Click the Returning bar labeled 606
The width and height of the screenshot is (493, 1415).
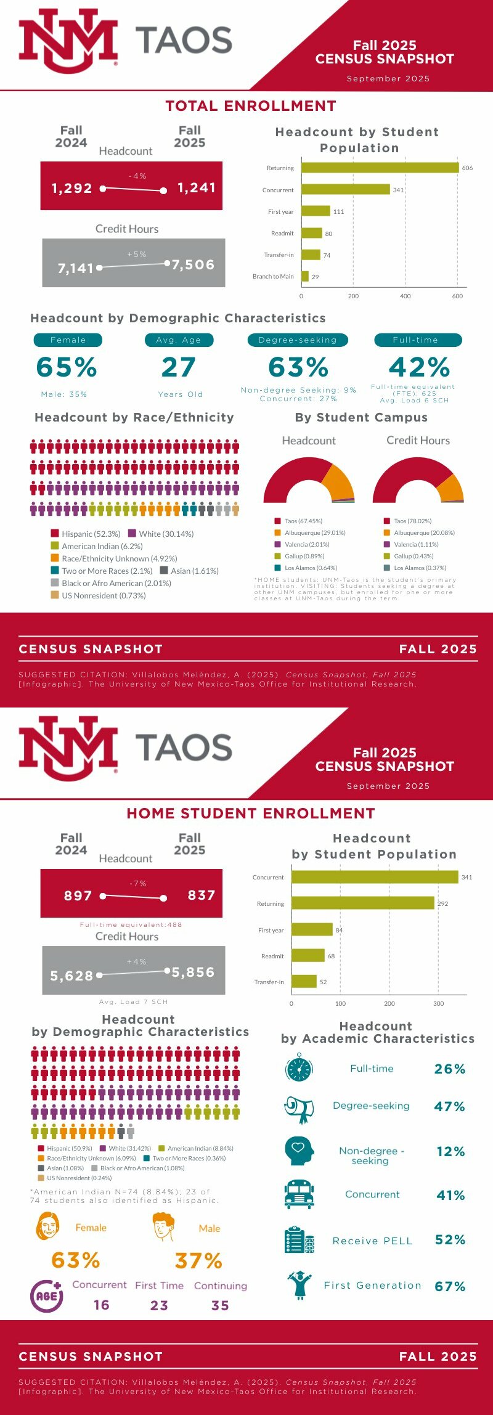(380, 168)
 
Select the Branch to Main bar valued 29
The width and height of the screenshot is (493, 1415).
(305, 276)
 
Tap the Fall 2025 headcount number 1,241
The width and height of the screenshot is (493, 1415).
(197, 188)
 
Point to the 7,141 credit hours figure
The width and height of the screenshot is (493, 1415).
(75, 268)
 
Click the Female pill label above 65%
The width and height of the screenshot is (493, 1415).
(68, 340)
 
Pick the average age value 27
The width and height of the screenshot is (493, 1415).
(179, 367)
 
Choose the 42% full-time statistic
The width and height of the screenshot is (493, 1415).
(419, 367)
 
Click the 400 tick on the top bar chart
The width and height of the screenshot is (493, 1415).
(405, 296)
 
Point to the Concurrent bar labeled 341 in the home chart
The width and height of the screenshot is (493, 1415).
(375, 877)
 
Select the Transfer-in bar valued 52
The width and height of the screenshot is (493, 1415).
(304, 982)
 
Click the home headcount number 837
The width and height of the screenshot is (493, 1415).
(202, 895)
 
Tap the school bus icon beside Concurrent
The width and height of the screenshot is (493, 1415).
(299, 1194)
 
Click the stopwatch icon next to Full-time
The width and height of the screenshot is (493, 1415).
(299, 1068)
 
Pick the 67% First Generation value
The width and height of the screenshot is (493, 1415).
(450, 1286)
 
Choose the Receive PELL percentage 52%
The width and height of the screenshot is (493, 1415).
(450, 1240)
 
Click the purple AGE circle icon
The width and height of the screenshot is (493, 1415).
(46, 1295)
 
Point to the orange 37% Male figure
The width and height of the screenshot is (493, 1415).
(198, 1261)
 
